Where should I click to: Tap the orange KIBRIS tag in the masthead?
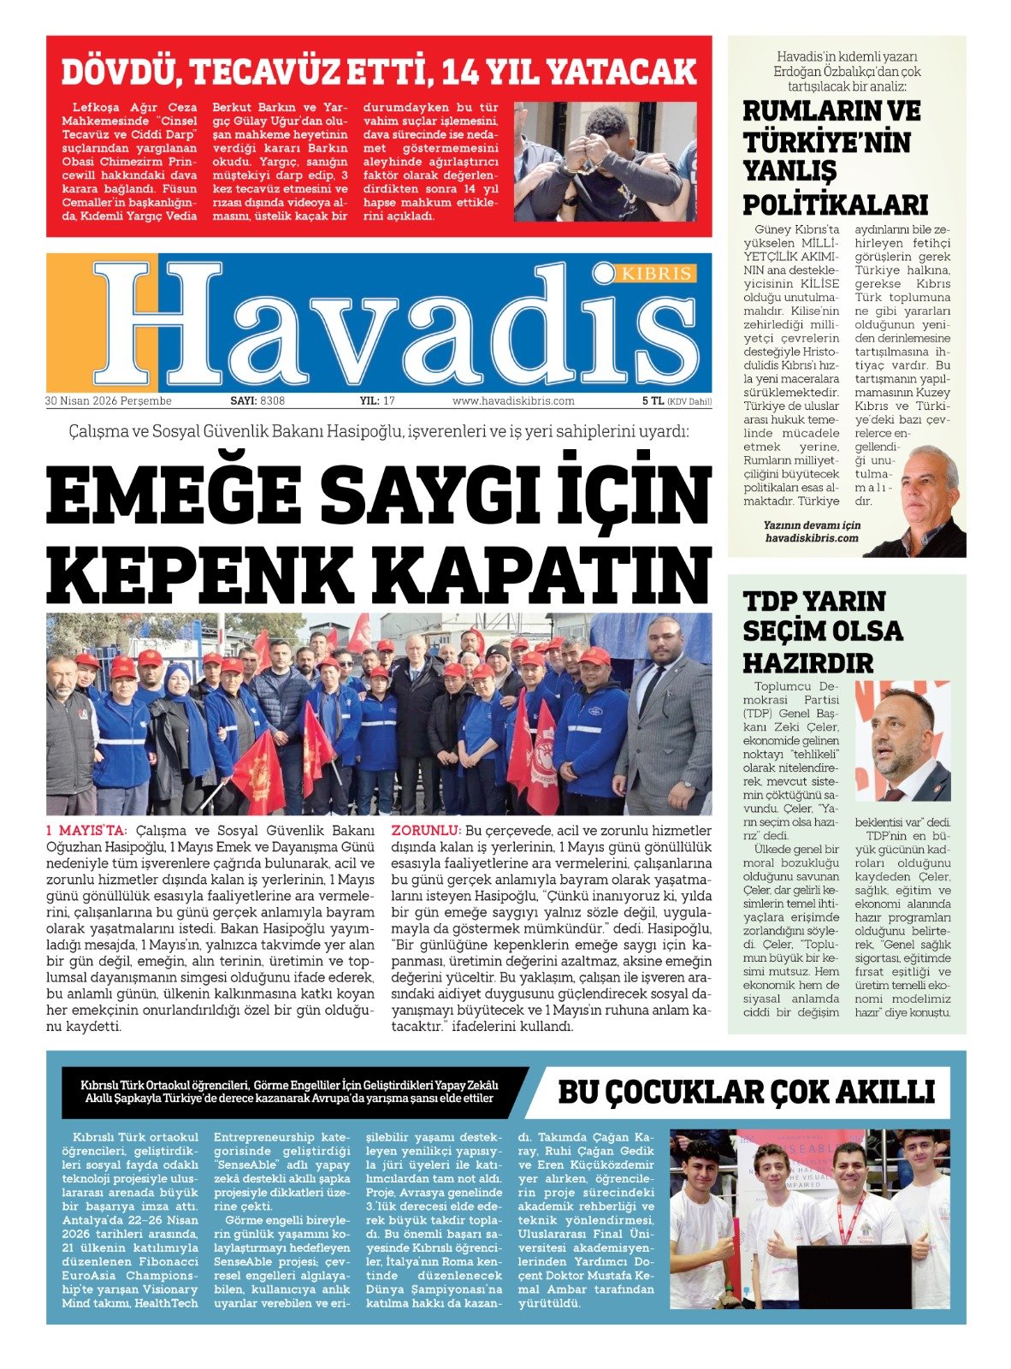(x=656, y=273)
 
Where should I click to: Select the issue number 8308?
(x=273, y=400)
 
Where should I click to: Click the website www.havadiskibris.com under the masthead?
(x=513, y=400)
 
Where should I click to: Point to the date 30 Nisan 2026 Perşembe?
(x=109, y=400)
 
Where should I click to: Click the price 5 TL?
(x=653, y=400)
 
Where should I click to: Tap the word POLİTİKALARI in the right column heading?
(x=835, y=205)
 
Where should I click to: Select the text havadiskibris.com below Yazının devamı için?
(x=811, y=538)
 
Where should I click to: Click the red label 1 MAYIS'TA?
(x=86, y=830)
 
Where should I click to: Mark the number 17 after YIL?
(x=389, y=400)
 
